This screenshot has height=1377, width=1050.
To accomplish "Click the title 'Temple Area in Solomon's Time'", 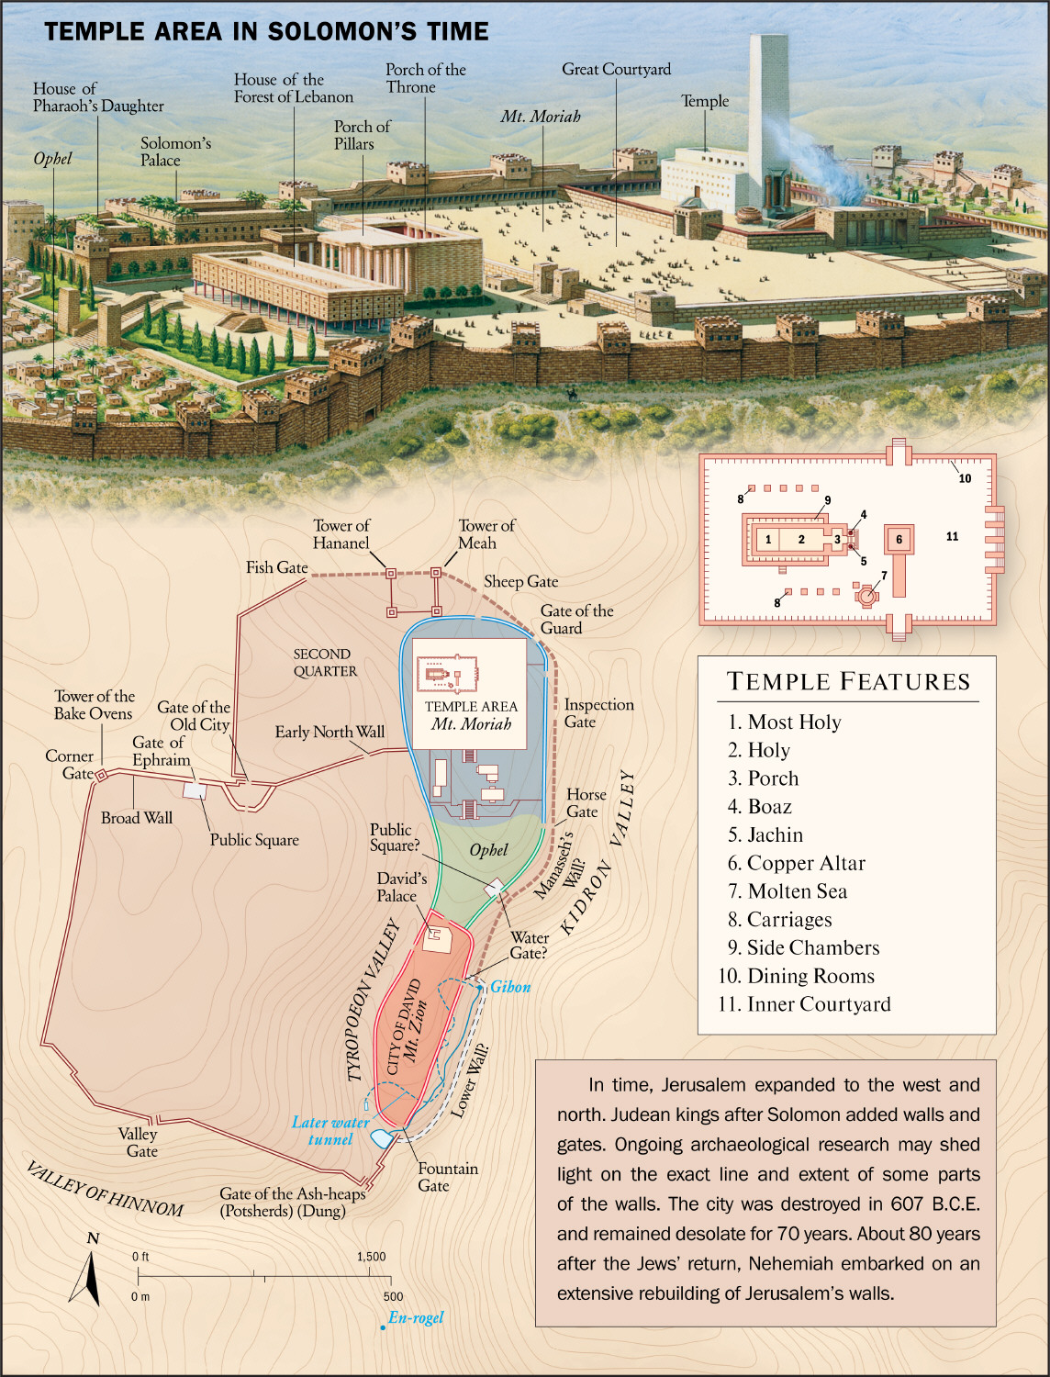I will click(x=266, y=31).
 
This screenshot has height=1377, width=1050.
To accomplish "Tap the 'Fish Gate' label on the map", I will click(x=276, y=567).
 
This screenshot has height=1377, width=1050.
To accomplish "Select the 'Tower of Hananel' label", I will click(x=341, y=534).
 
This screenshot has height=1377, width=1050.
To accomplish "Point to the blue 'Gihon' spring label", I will click(x=510, y=987).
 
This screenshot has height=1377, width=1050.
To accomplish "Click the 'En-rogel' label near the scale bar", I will click(x=416, y=1317).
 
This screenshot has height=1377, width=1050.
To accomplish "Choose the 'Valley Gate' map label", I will click(x=139, y=1142).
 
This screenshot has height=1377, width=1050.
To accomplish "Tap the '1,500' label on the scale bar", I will click(x=371, y=1257).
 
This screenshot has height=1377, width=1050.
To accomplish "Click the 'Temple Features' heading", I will click(x=848, y=681).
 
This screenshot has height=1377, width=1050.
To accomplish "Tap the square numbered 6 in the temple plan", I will click(x=899, y=540).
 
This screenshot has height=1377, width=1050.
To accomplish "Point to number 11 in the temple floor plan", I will click(x=952, y=536).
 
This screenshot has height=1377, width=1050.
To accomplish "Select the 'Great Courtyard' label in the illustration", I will click(x=616, y=69).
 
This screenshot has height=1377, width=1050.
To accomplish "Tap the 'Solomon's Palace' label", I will click(x=175, y=151).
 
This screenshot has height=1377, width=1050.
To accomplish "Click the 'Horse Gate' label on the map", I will click(x=586, y=802).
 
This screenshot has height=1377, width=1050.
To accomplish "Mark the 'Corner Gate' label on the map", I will click(x=70, y=764).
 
